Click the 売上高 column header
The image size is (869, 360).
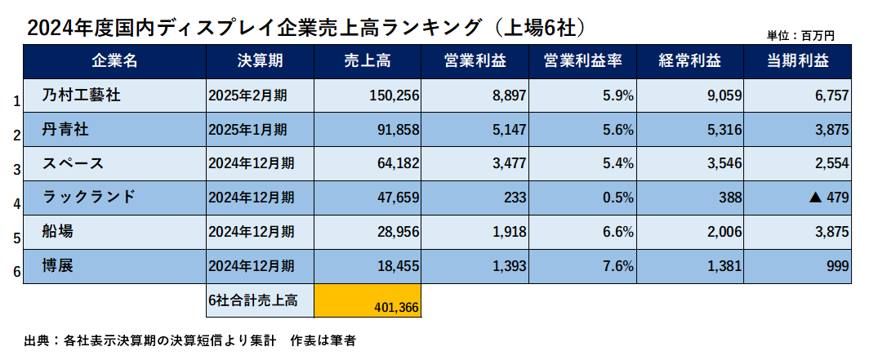tap(368, 61)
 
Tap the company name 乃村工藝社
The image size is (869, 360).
tap(81, 96)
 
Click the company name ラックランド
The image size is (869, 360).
tap(87, 197)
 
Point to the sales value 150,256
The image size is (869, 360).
tap(394, 96)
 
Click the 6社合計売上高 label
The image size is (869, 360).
tap(252, 300)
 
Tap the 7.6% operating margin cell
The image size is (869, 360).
tap(618, 265)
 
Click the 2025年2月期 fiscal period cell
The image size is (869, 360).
tap(247, 96)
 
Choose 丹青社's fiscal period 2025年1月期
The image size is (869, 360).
tap(247, 129)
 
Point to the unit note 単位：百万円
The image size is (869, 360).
tap(800, 35)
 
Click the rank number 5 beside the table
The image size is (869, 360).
tap(16, 238)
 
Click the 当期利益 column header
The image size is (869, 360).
tap(797, 61)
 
